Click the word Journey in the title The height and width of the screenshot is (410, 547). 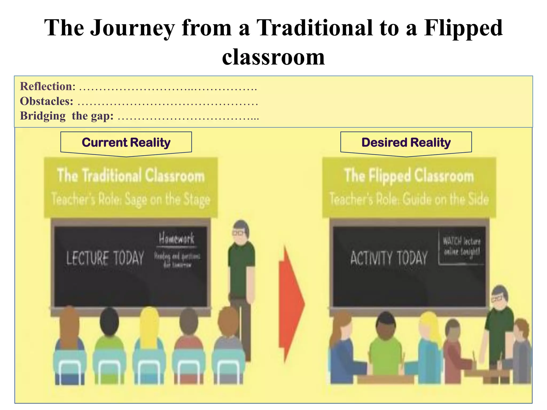[x=133, y=28]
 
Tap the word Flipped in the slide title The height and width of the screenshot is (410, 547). [x=463, y=28]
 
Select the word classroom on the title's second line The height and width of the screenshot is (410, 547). [x=273, y=57]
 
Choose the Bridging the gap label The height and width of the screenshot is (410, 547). [x=67, y=116]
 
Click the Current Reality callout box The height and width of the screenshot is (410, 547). [x=126, y=143]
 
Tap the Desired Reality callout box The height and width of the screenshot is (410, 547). [x=406, y=143]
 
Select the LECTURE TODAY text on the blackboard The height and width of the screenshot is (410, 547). [x=105, y=258]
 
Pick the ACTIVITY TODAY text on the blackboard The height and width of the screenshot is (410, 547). [x=389, y=258]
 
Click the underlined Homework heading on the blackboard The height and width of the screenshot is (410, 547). [x=177, y=238]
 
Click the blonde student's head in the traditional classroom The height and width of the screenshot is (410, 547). [x=149, y=320]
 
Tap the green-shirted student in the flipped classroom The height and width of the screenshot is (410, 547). [x=385, y=347]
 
